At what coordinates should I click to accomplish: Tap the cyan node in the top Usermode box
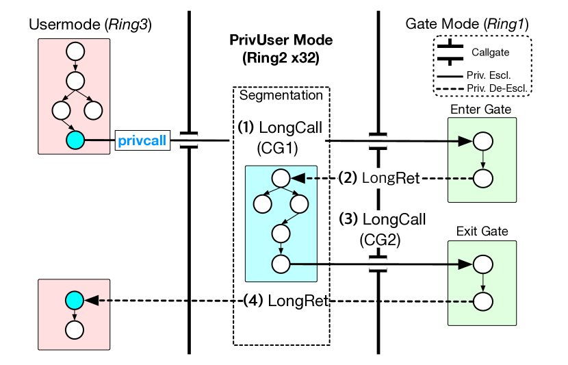(x=75, y=140)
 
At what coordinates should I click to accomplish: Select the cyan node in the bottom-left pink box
(x=74, y=300)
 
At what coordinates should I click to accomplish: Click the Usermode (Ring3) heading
(x=90, y=25)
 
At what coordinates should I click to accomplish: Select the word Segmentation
(x=281, y=95)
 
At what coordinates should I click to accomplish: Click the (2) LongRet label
(x=379, y=178)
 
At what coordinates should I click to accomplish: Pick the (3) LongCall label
(x=383, y=220)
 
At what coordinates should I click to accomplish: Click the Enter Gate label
(x=480, y=110)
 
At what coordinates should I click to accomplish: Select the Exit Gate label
(x=482, y=231)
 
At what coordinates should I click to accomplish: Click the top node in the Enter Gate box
(x=482, y=141)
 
